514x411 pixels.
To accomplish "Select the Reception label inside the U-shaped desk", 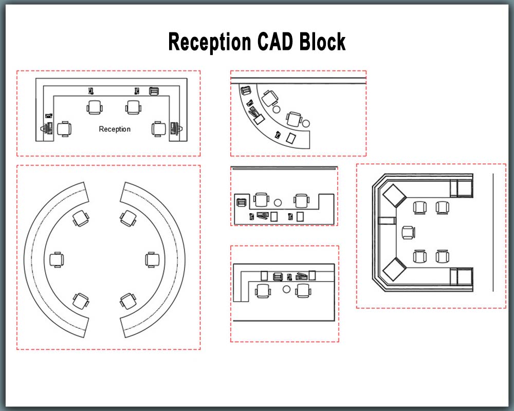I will click(x=115, y=129).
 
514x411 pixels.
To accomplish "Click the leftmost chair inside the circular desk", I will click(x=57, y=259).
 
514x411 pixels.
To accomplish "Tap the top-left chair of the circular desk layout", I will click(x=80, y=218).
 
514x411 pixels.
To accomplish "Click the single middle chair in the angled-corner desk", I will click(x=409, y=232).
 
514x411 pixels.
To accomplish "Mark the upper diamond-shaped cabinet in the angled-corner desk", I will click(x=394, y=195).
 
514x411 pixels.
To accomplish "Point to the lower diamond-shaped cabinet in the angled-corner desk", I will click(x=394, y=270).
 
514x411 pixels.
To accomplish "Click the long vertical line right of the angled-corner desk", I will click(x=493, y=232).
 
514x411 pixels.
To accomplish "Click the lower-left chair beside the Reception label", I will click(x=64, y=128).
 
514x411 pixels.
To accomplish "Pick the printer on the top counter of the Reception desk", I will click(x=154, y=91).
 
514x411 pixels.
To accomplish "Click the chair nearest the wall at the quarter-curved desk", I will click(x=268, y=97).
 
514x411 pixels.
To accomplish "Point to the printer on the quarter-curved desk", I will click(x=246, y=91).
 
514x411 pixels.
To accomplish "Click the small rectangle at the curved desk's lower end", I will click(x=291, y=138).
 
